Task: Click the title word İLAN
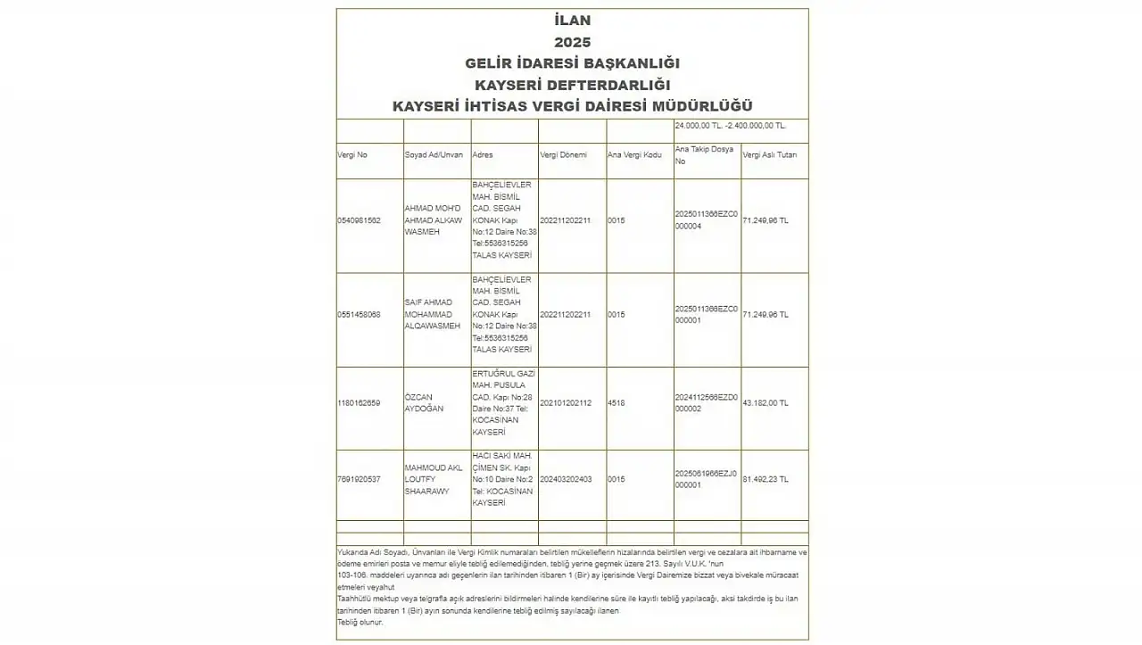(x=572, y=21)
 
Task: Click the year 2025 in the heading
(x=572, y=42)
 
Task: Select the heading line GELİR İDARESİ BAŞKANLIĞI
(x=572, y=63)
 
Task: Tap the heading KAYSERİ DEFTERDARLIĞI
(x=572, y=85)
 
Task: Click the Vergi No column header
(x=352, y=155)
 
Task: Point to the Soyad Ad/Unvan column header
(x=434, y=155)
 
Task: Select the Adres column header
(x=483, y=155)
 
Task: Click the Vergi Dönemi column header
(x=564, y=155)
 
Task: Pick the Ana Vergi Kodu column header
(x=634, y=155)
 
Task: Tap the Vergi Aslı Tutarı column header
(x=770, y=155)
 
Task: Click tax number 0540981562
(x=360, y=220)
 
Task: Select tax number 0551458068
(x=360, y=315)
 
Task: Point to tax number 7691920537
(x=360, y=479)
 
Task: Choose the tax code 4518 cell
(x=617, y=403)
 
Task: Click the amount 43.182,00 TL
(x=765, y=403)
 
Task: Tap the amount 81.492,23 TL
(x=765, y=479)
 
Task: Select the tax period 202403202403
(x=566, y=479)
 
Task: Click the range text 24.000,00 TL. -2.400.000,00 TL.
(x=731, y=126)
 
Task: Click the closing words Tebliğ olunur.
(x=360, y=622)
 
